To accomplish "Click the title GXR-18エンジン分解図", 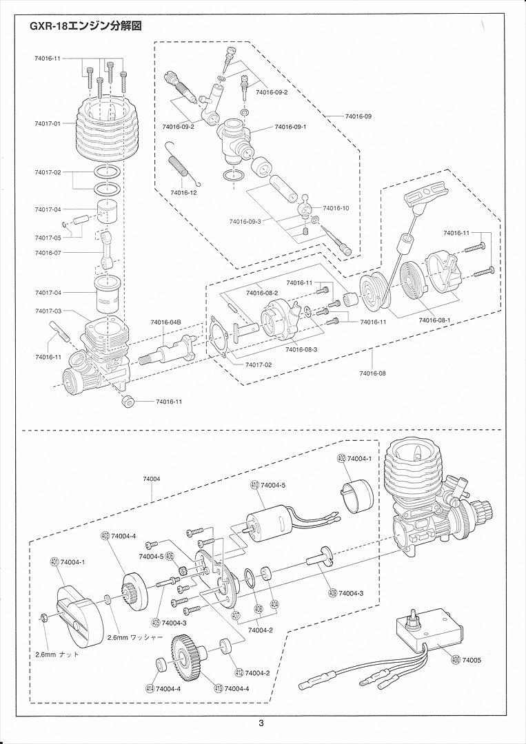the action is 86,27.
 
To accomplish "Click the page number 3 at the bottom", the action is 261,723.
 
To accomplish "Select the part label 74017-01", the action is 48,123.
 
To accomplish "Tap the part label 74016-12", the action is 183,193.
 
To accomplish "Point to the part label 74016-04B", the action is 165,322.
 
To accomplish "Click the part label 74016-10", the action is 336,208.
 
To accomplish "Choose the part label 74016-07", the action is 48,252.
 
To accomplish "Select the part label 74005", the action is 472,659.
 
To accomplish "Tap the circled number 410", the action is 254,486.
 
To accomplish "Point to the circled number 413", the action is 219,688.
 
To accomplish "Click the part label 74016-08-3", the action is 301,350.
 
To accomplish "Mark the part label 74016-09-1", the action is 290,127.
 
